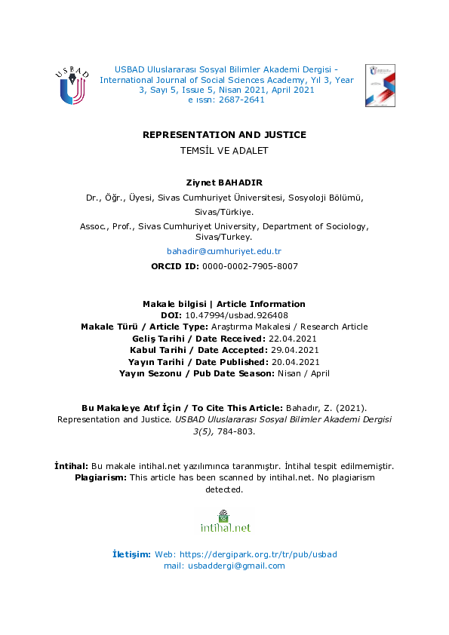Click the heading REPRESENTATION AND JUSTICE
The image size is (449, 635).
pyautogui.click(x=224, y=135)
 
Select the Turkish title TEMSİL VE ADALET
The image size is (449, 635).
pyautogui.click(x=224, y=150)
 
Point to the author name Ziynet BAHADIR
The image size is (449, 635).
pyautogui.click(x=224, y=183)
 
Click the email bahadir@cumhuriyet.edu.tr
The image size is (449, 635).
pyautogui.click(x=224, y=251)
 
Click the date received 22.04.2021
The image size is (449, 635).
pyautogui.click(x=291, y=339)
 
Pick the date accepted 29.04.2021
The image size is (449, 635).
pyautogui.click(x=294, y=350)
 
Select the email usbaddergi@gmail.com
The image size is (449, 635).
pyautogui.click(x=237, y=566)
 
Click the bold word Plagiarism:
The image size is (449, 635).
pyautogui.click(x=101, y=478)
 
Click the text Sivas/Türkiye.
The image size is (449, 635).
pyautogui.click(x=224, y=213)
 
